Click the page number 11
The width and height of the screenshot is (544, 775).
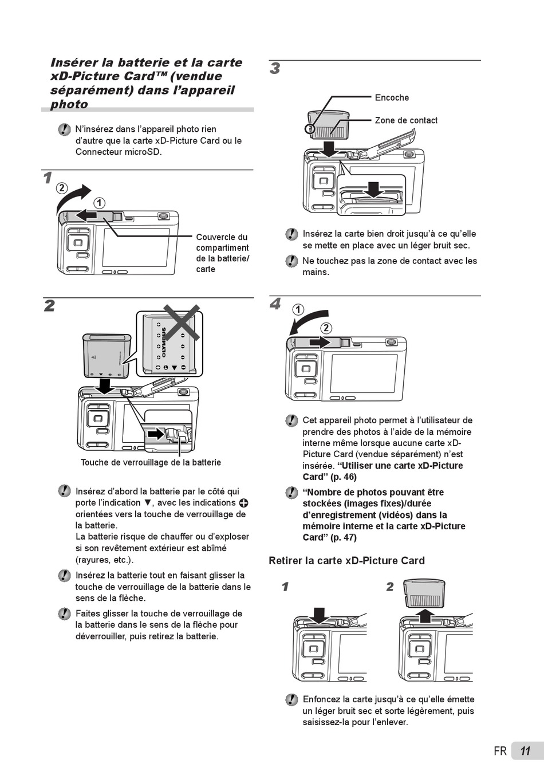pos(525,751)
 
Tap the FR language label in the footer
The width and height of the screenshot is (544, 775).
pos(500,751)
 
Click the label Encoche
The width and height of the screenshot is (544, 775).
pos(392,98)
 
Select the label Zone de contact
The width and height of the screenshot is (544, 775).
pos(406,120)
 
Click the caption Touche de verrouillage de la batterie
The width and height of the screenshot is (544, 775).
pos(151,462)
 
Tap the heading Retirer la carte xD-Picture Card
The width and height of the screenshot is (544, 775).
pos(346,561)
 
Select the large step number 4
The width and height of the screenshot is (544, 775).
pos(275,304)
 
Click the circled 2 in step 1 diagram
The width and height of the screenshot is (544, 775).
pos(61,188)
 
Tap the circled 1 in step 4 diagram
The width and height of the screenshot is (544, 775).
pos(298,310)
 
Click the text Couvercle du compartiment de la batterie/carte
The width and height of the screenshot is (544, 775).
pos(222,253)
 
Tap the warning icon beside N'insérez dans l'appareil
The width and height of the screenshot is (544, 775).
pos(64,130)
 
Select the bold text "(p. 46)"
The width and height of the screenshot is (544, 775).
pos(344,477)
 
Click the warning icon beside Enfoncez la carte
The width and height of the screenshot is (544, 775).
pos(291,699)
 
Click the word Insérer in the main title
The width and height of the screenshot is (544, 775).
pos(74,62)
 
